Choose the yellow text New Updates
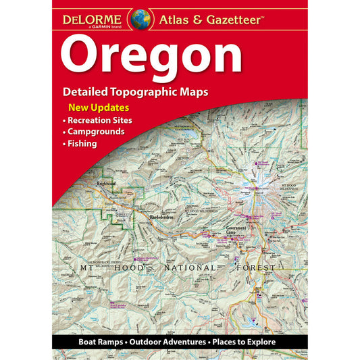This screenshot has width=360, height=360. pos(99,108)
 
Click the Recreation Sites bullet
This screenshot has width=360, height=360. pos(101,120)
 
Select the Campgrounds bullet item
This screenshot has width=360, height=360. pos(97,131)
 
